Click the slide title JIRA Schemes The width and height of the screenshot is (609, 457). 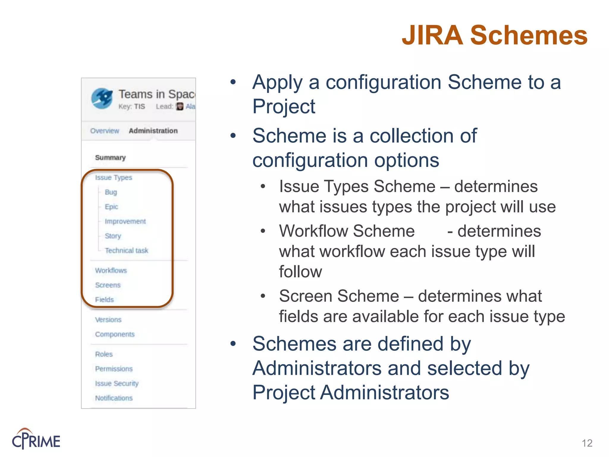click(494, 35)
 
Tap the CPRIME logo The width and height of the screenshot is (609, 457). click(36, 439)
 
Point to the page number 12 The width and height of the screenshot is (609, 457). click(587, 443)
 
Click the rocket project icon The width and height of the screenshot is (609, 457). click(102, 98)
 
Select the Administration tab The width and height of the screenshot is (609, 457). click(153, 131)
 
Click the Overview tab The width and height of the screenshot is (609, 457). click(104, 131)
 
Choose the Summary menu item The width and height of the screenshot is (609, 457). click(110, 157)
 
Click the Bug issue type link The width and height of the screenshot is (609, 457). click(111, 192)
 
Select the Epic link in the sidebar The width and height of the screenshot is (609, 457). click(111, 207)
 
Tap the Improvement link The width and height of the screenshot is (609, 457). click(125, 221)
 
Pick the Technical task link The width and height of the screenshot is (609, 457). click(126, 251)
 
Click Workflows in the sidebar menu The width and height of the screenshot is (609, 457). click(111, 270)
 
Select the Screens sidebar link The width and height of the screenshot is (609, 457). click(108, 285)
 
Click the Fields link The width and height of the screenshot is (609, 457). click(104, 300)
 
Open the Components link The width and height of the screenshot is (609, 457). click(115, 334)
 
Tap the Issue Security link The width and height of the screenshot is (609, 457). click(117, 384)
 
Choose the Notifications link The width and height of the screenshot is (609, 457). click(114, 398)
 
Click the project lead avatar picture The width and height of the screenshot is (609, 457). click(180, 107)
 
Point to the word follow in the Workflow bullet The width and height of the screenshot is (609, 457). click(300, 272)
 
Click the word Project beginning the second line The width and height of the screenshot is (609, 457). click(284, 107)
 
